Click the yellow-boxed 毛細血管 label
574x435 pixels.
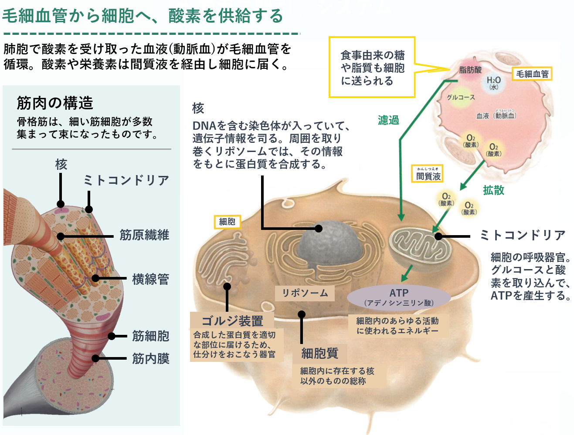[532, 74]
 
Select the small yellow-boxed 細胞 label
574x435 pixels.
[227, 222]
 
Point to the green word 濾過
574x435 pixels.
[388, 120]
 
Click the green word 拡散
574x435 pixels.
[493, 190]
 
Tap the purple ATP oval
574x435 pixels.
[398, 297]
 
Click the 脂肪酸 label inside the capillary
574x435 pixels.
[471, 70]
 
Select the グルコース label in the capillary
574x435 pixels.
[461, 97]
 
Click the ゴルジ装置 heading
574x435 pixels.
[232, 321]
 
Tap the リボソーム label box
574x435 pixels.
[305, 293]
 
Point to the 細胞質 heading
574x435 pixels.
[320, 353]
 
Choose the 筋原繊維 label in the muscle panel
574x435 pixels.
[144, 235]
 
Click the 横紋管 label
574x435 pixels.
[150, 279]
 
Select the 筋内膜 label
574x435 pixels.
[150, 359]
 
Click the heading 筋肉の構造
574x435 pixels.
[55, 103]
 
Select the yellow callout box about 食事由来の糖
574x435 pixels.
[372, 67]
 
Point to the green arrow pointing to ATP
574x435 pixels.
[407, 273]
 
